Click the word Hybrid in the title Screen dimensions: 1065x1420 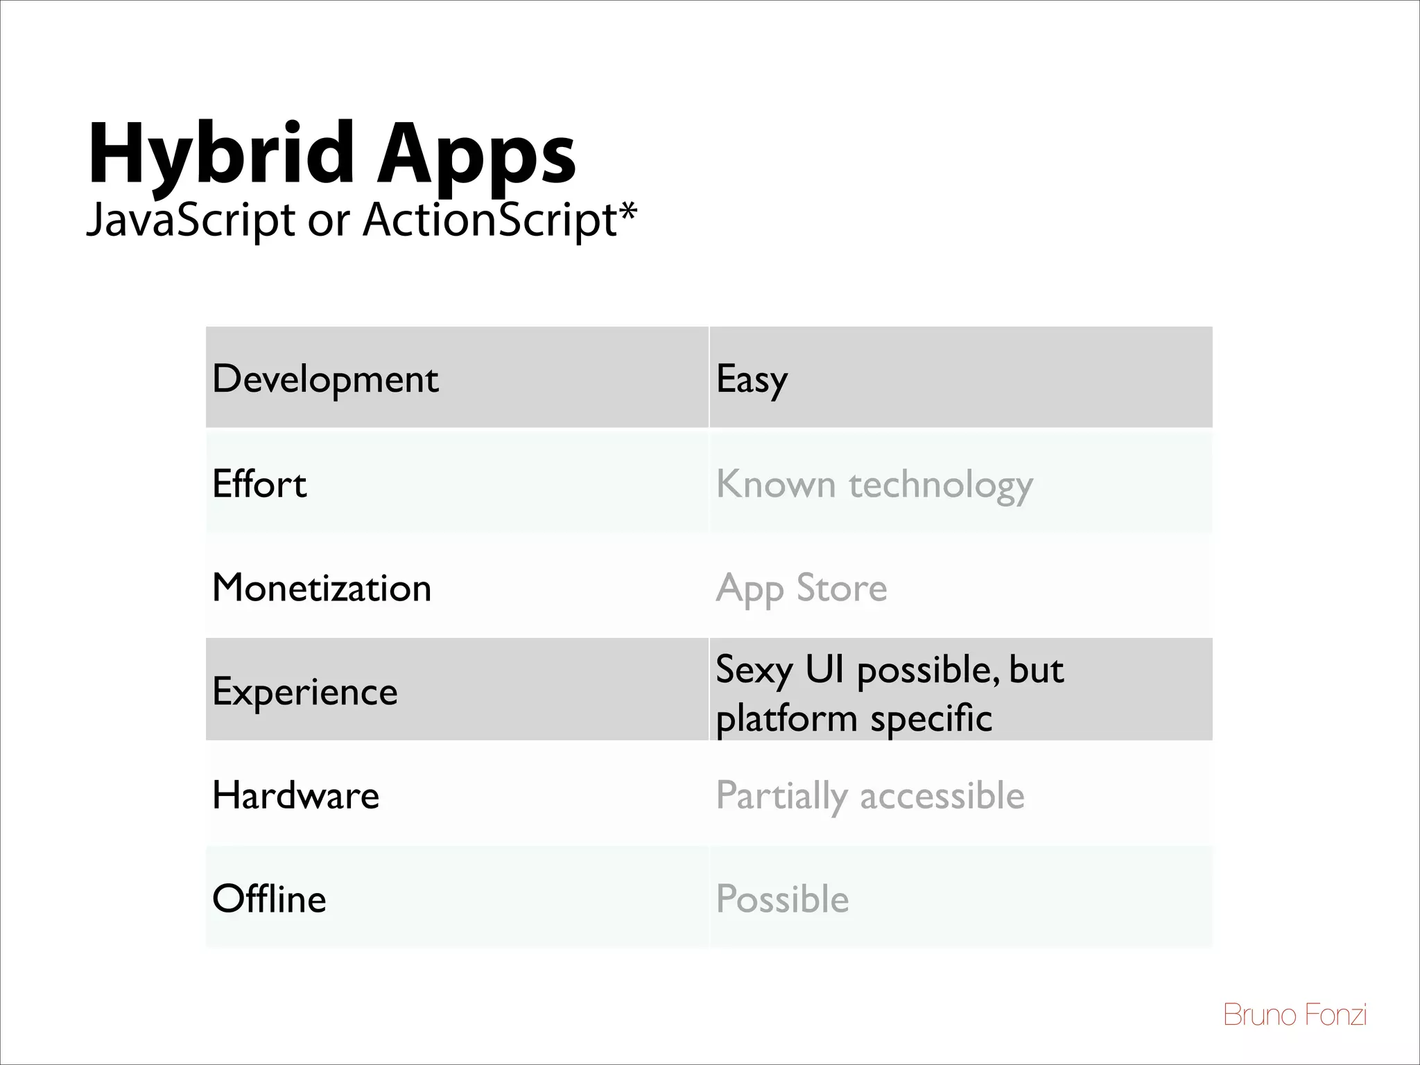222,154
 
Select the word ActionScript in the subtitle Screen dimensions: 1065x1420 489,220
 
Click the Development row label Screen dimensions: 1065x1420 325,379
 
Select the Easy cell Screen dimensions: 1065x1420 752,379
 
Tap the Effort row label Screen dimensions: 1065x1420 259,483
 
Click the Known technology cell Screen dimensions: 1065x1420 874,483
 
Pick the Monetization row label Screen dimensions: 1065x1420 322,587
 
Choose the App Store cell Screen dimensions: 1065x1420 801,588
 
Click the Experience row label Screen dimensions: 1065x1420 305,691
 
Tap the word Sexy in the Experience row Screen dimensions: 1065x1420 754,670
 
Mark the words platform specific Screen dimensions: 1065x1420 854,718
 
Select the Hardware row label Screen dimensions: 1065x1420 296,795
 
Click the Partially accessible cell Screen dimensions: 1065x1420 869,795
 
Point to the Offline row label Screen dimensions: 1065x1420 269,899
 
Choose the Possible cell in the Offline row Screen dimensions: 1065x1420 782,899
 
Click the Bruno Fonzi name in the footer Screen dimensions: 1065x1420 1295,1015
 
